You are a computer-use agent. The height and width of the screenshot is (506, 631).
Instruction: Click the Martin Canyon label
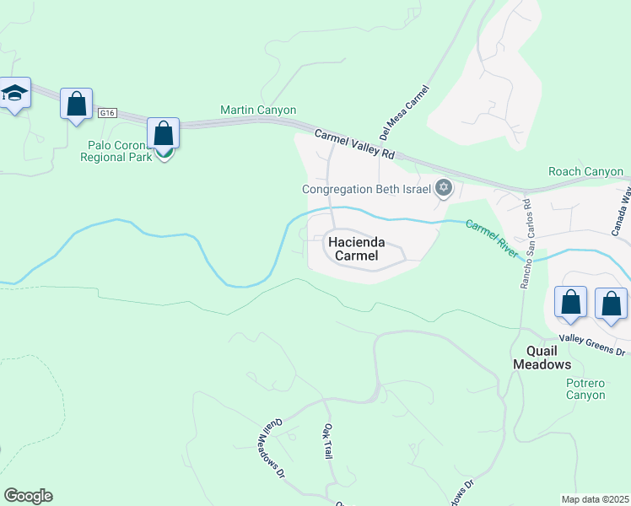click(258, 110)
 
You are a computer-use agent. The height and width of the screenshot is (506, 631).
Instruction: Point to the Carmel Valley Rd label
click(355, 144)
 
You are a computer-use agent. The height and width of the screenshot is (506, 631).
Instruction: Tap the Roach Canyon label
click(585, 171)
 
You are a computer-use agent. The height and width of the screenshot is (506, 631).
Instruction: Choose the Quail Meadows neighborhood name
click(542, 358)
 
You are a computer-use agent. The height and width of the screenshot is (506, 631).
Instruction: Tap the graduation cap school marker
click(14, 93)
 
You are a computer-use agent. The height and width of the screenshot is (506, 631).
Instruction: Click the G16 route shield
click(106, 112)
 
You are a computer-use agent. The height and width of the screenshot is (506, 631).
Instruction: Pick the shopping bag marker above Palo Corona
click(163, 134)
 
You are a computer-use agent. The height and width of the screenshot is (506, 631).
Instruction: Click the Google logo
click(28, 496)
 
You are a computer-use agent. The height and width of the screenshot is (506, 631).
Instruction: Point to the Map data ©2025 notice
click(594, 499)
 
